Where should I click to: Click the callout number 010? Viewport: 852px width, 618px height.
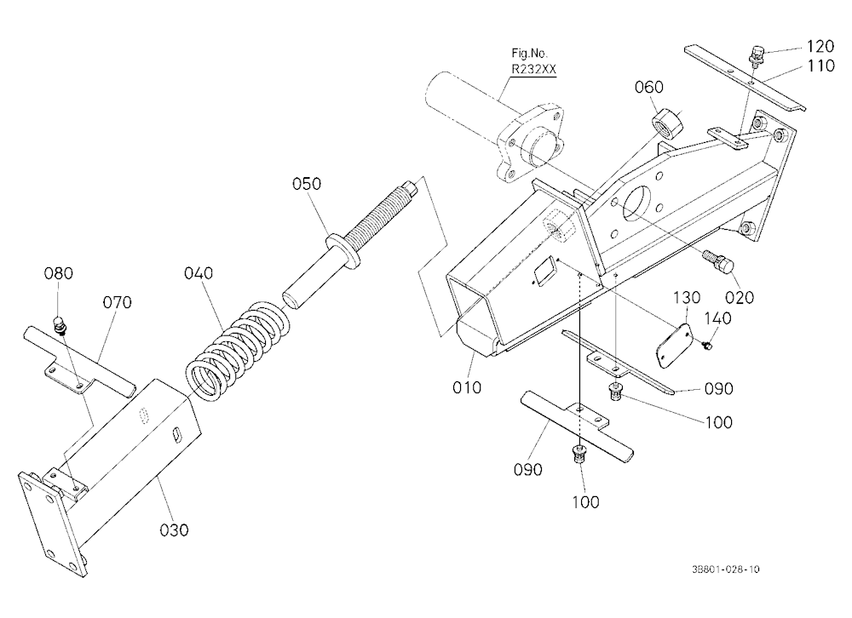tap(467, 387)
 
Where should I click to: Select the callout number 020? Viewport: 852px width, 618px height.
tap(740, 297)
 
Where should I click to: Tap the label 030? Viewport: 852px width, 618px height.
tap(174, 529)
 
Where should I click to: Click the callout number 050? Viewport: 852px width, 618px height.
tap(307, 184)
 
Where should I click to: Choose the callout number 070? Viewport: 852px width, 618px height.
tap(118, 302)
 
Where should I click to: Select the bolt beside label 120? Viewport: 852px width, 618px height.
tap(756, 55)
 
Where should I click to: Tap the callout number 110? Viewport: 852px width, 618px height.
tap(820, 66)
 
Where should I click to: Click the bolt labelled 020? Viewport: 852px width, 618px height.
tap(718, 261)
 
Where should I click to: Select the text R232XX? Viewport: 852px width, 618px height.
tap(533, 70)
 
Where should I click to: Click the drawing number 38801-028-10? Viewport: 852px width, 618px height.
tap(726, 569)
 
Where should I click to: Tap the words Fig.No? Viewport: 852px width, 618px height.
tap(530, 54)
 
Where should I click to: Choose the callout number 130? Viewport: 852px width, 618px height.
tap(687, 298)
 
